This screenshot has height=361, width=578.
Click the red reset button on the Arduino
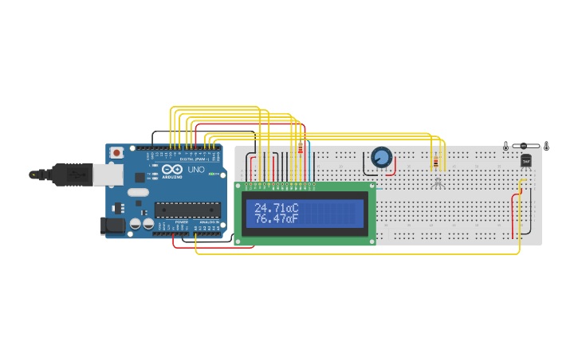116,151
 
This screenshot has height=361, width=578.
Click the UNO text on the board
196,170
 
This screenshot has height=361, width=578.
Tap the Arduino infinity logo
172,170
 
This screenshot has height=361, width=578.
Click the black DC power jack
112,226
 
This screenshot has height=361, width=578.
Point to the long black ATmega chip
187,210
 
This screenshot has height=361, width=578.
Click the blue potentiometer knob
382,157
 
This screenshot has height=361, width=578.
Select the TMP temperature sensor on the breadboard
525,161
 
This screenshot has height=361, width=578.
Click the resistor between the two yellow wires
435,163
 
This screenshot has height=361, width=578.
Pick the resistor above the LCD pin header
300,151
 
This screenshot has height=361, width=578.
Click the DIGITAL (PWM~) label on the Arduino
191,159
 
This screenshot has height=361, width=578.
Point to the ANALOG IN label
208,222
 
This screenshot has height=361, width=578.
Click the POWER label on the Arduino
182,222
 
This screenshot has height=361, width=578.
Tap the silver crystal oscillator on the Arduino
138,192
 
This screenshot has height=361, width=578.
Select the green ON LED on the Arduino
212,174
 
